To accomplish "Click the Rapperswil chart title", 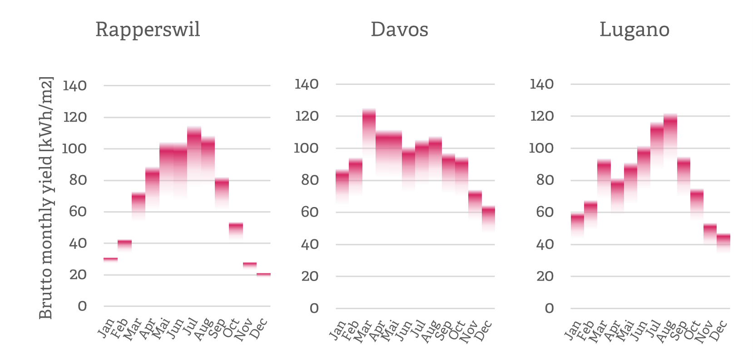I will click(x=148, y=30).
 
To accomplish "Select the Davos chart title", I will click(x=399, y=30).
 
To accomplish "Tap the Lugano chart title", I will click(x=634, y=30).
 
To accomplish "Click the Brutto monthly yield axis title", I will click(x=46, y=198).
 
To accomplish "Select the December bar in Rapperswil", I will click(x=263, y=275).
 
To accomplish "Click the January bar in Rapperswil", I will click(x=110, y=260).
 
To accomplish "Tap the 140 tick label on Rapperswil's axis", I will click(x=74, y=86).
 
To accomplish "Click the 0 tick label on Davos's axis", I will click(x=314, y=309).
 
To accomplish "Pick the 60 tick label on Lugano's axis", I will click(x=545, y=212).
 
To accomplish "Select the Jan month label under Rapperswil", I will click(x=107, y=328).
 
